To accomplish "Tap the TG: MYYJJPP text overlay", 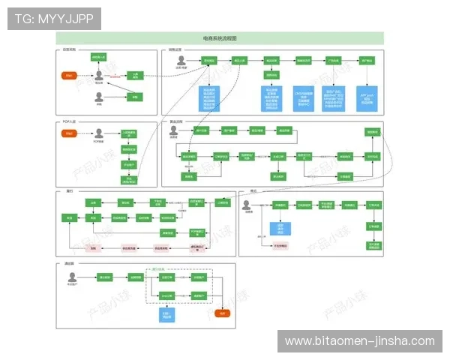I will click(x=54, y=19).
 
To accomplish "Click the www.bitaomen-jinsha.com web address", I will click(x=359, y=341).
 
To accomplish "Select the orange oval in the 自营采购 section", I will click(x=69, y=76).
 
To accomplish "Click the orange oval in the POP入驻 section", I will click(x=69, y=133).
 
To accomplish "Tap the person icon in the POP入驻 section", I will click(x=98, y=133).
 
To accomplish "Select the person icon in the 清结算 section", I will click(x=73, y=277).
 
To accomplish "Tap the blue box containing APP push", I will click(x=367, y=98).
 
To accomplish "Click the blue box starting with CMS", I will click(x=304, y=98).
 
